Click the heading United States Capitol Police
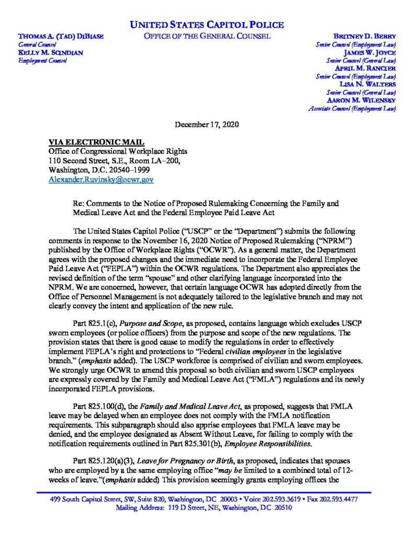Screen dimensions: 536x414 click(207, 25)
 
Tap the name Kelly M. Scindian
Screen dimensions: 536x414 click(50, 52)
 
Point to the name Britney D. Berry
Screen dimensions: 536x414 click(364, 37)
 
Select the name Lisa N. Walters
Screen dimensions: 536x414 click(368, 84)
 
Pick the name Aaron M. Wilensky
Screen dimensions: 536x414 click(361, 99)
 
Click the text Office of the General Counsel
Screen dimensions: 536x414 click(207, 36)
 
